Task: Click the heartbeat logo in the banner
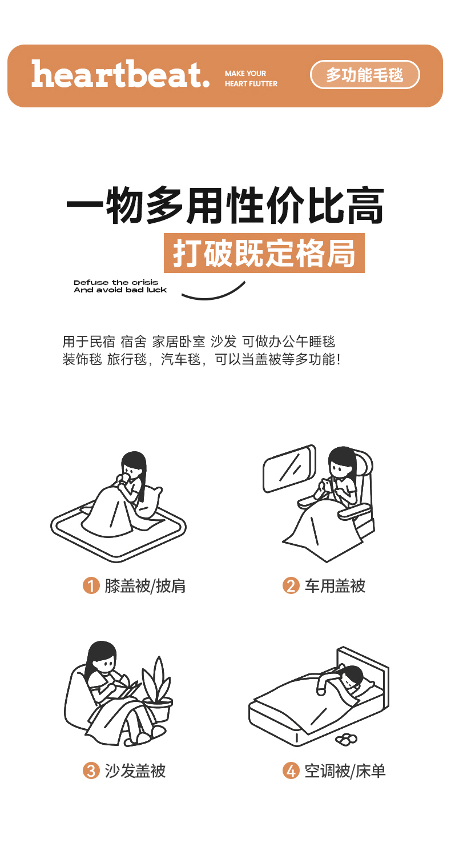coord(120,74)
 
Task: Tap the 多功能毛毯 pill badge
coord(365,74)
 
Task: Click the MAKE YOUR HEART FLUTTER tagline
coord(251,78)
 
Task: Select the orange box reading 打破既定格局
coord(264,253)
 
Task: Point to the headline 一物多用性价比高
coord(225,205)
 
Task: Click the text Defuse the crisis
coord(116,283)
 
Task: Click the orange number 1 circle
coord(91,585)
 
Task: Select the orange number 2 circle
coord(291,585)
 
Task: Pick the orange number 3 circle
coord(91,770)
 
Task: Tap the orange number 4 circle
coord(291,770)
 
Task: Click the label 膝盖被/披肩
coord(145,586)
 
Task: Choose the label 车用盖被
coord(335,586)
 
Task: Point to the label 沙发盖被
coord(135,770)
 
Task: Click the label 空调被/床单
coord(345,770)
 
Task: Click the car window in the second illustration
coord(289,468)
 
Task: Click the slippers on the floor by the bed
coord(347,739)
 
